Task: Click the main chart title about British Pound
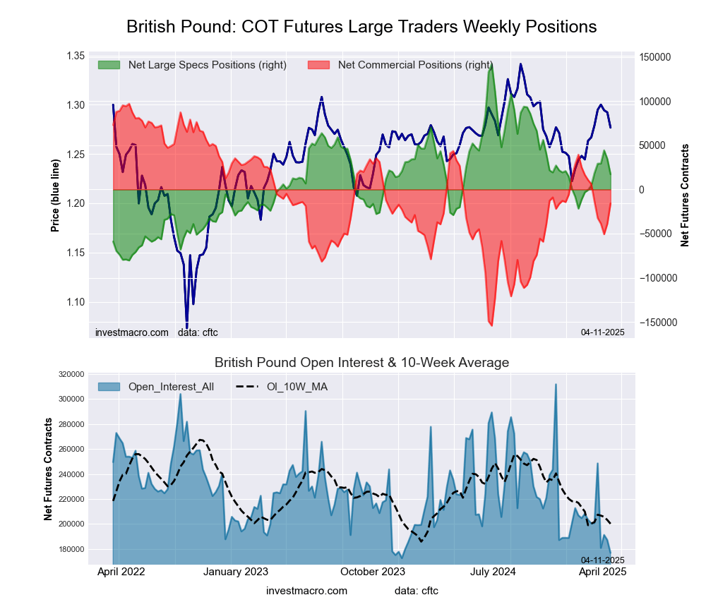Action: pyautogui.click(x=361, y=27)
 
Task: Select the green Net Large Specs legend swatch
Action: pyautogui.click(x=109, y=65)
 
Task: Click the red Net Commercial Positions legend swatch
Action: pyautogui.click(x=319, y=65)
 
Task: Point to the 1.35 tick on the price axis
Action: pyautogui.click(x=75, y=56)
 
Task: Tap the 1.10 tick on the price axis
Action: pyautogui.click(x=75, y=302)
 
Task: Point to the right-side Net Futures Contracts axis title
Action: pyautogui.click(x=685, y=195)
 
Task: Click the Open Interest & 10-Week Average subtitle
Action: pyautogui.click(x=361, y=363)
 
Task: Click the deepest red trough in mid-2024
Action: pyautogui.click(x=491, y=325)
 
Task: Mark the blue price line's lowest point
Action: pyautogui.click(x=187, y=327)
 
